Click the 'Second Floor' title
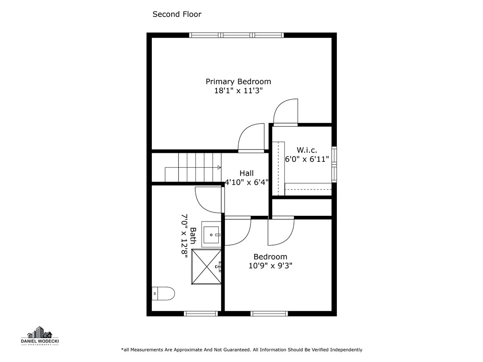tap(177, 14)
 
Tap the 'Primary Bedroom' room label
tap(238, 82)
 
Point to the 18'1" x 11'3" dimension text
tap(238, 91)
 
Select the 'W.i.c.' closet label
tap(307, 150)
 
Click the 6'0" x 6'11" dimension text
tap(307, 159)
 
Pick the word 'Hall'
tap(246, 173)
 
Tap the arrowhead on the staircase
tap(219, 167)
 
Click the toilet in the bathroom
tap(163, 294)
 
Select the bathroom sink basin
tap(211, 234)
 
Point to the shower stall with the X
tap(207, 267)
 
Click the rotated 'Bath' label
tap(193, 236)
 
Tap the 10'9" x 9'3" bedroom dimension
tap(270, 266)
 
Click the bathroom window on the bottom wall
tap(201, 313)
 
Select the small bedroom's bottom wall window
tap(269, 313)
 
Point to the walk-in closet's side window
tap(334, 165)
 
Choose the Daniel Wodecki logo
tap(40, 336)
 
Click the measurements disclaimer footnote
tap(241, 350)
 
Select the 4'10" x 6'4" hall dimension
tap(246, 182)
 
